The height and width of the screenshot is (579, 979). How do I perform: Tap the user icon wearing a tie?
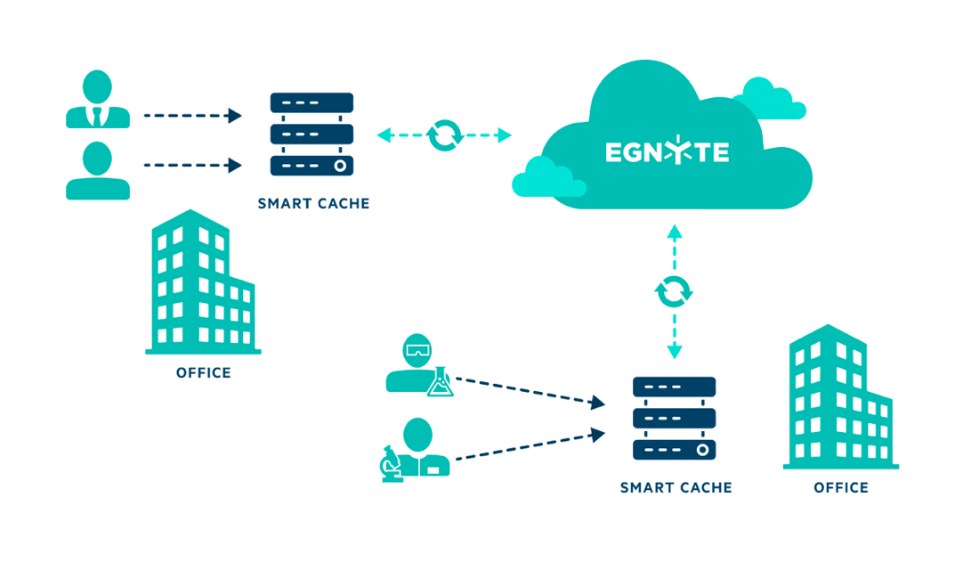98,100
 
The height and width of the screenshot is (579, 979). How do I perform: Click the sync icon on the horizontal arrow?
445,135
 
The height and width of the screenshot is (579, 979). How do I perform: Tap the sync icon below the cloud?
674,291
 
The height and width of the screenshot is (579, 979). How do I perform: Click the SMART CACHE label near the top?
313,203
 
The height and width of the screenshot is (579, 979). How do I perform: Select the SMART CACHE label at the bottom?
676,487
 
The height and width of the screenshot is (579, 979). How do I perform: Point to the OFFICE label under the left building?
204,372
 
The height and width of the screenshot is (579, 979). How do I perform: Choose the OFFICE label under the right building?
841,487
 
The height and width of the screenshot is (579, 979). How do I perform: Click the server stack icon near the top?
311,135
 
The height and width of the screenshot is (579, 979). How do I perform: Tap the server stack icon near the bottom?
675,418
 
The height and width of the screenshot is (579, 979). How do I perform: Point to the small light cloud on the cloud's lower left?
546,178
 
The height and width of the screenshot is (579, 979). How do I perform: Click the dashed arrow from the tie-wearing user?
192,116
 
